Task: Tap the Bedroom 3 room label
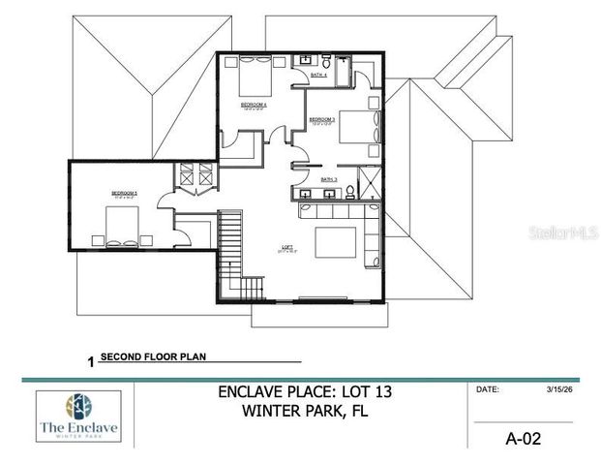[323, 119]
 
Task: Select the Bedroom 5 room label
[124, 193]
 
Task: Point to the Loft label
[286, 247]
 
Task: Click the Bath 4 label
[318, 74]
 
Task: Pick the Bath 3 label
[329, 179]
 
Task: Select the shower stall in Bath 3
[369, 182]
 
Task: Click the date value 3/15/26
[548, 390]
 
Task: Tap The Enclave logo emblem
[78, 405]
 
